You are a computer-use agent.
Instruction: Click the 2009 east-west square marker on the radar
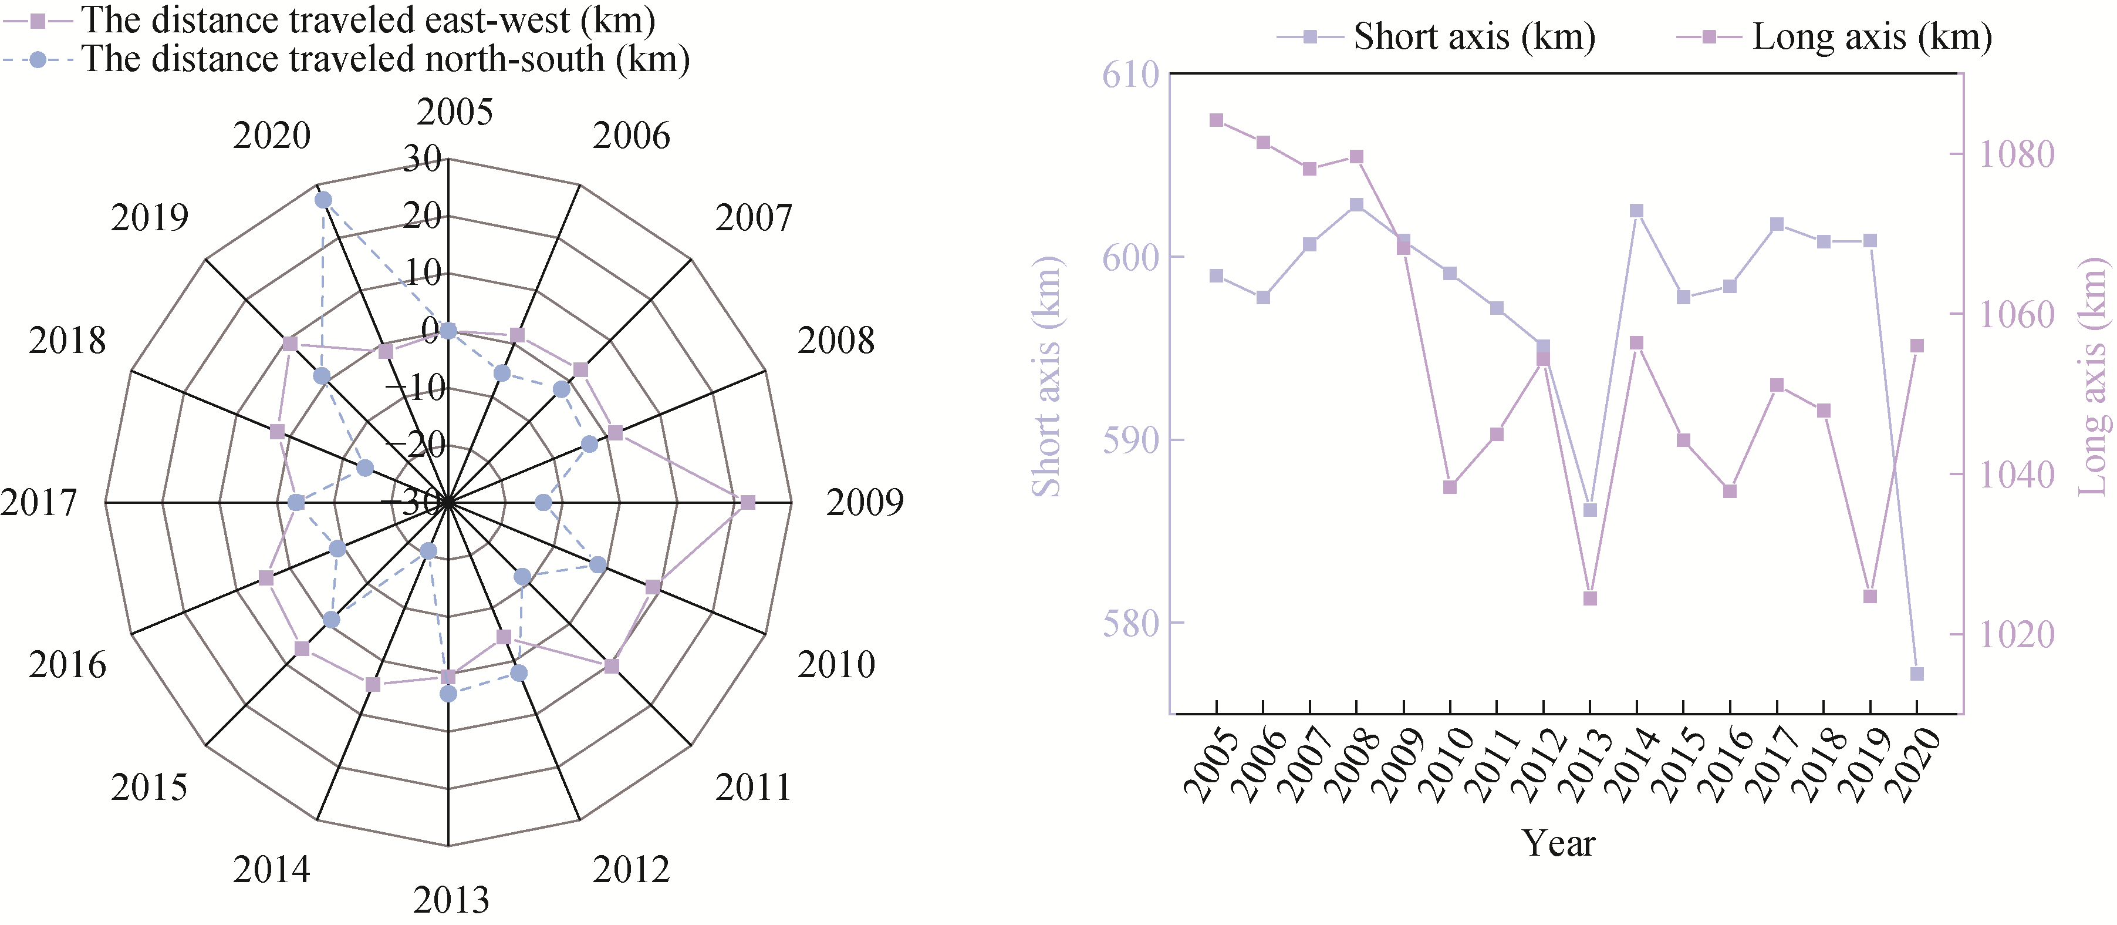pyautogui.click(x=747, y=502)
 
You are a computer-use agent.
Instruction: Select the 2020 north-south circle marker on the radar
pyautogui.click(x=323, y=200)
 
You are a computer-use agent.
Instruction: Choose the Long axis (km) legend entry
pyautogui.click(x=1834, y=37)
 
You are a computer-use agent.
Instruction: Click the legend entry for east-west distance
pyautogui.click(x=329, y=20)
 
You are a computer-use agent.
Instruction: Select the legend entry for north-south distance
pyautogui.click(x=345, y=59)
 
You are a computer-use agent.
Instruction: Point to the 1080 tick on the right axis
pyautogui.click(x=2016, y=154)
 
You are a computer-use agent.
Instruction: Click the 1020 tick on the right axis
pyautogui.click(x=2016, y=634)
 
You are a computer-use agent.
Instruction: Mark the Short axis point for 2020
pyautogui.click(x=1917, y=674)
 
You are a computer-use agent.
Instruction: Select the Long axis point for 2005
pyautogui.click(x=1216, y=120)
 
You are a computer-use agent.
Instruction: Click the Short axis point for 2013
pyautogui.click(x=1590, y=510)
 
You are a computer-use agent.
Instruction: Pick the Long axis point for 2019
pyautogui.click(x=1870, y=596)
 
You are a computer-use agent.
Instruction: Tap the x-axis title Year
pyautogui.click(x=1558, y=843)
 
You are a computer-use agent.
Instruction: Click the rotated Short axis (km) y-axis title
pyautogui.click(x=1046, y=376)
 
